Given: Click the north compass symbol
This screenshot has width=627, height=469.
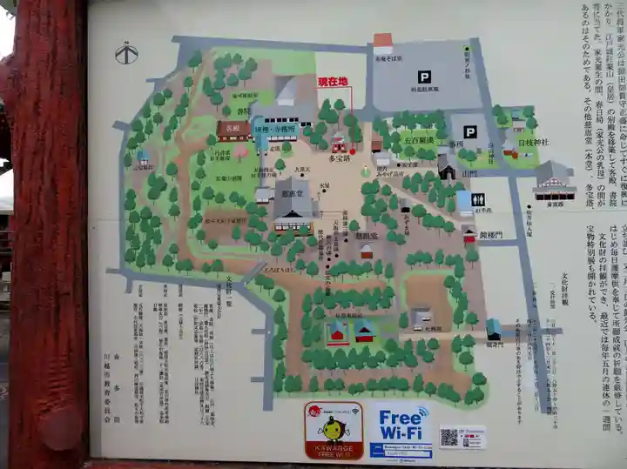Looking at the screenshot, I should (x=126, y=54).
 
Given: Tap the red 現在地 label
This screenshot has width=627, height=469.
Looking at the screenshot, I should (x=332, y=82).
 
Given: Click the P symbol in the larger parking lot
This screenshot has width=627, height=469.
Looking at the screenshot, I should (x=424, y=77).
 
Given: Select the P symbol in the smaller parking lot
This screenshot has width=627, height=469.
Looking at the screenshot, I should (x=469, y=132).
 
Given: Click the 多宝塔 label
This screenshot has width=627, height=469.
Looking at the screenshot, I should (x=340, y=160).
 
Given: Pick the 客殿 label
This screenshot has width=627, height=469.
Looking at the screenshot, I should (x=232, y=127).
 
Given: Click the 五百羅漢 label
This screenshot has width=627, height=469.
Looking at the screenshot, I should (x=419, y=139).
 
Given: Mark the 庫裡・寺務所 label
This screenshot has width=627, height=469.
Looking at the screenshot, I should (x=276, y=128).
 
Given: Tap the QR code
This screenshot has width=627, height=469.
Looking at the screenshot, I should (x=449, y=437).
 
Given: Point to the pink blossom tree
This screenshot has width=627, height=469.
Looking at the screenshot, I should (x=240, y=151).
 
